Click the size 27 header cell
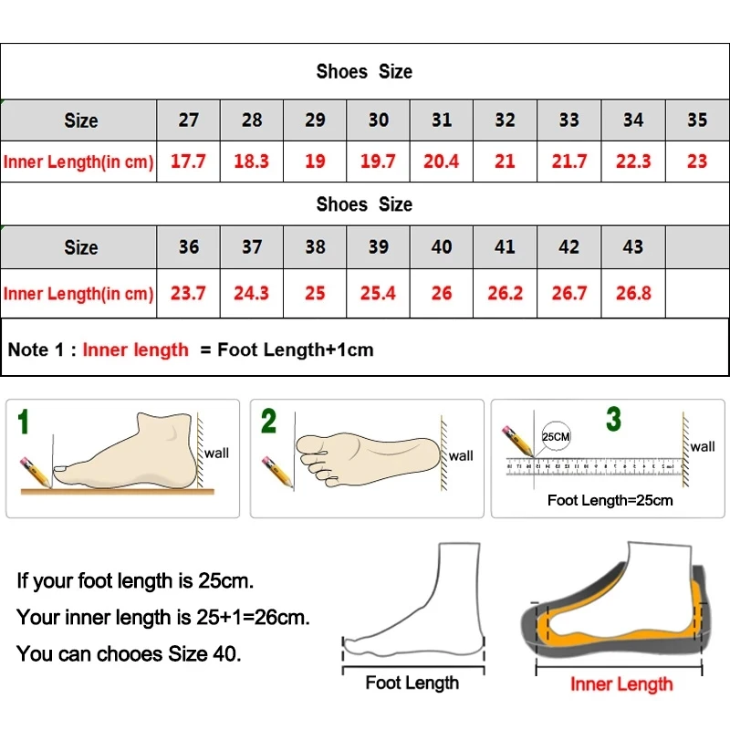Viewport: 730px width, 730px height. [189, 120]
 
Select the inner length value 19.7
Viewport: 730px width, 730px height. [378, 162]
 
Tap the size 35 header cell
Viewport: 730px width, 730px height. [697, 120]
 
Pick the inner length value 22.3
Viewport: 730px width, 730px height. [633, 162]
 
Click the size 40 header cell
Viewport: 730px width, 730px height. [442, 246]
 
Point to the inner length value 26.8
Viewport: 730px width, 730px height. [633, 293]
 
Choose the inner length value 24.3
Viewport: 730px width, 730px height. [252, 293]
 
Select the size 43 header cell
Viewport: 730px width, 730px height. [633, 246]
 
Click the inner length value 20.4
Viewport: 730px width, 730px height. [442, 162]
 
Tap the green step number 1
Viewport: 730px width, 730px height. [24, 422]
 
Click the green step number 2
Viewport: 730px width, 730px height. [268, 422]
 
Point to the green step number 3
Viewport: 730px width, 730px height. [613, 420]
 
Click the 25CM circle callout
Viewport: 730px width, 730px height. [556, 436]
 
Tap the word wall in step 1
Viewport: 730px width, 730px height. [216, 453]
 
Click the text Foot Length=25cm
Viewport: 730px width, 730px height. [610, 500]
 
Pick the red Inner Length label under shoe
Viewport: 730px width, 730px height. [620, 683]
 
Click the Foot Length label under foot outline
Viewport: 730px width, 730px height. [412, 683]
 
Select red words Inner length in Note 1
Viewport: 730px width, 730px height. [135, 349]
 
